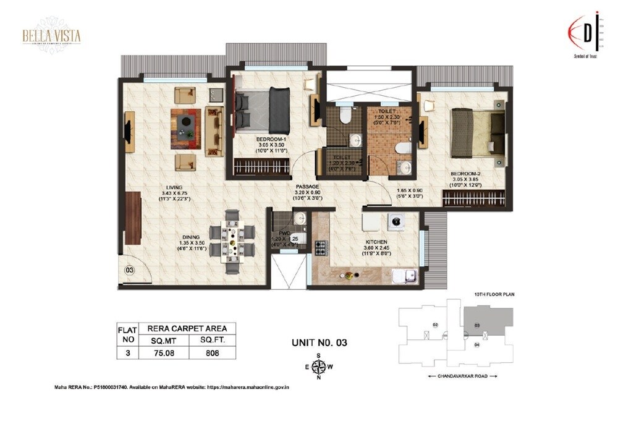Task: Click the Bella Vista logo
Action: click(x=51, y=36)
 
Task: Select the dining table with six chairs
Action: click(x=232, y=236)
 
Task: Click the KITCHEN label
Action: click(x=376, y=242)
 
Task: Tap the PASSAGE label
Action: click(x=307, y=186)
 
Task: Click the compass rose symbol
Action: click(x=319, y=367)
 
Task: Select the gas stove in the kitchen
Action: click(x=321, y=248)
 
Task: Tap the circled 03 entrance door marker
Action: click(x=129, y=270)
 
